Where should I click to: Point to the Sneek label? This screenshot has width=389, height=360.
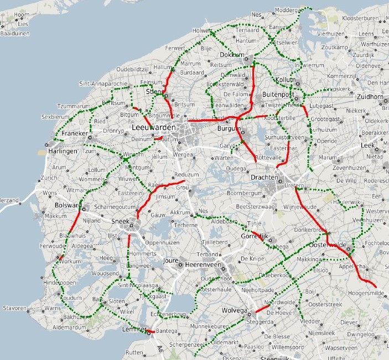tap(120, 221)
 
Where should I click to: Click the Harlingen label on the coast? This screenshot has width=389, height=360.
tap(61, 152)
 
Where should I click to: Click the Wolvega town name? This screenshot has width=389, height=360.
tap(236, 311)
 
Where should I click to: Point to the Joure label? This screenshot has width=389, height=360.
tap(172, 259)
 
